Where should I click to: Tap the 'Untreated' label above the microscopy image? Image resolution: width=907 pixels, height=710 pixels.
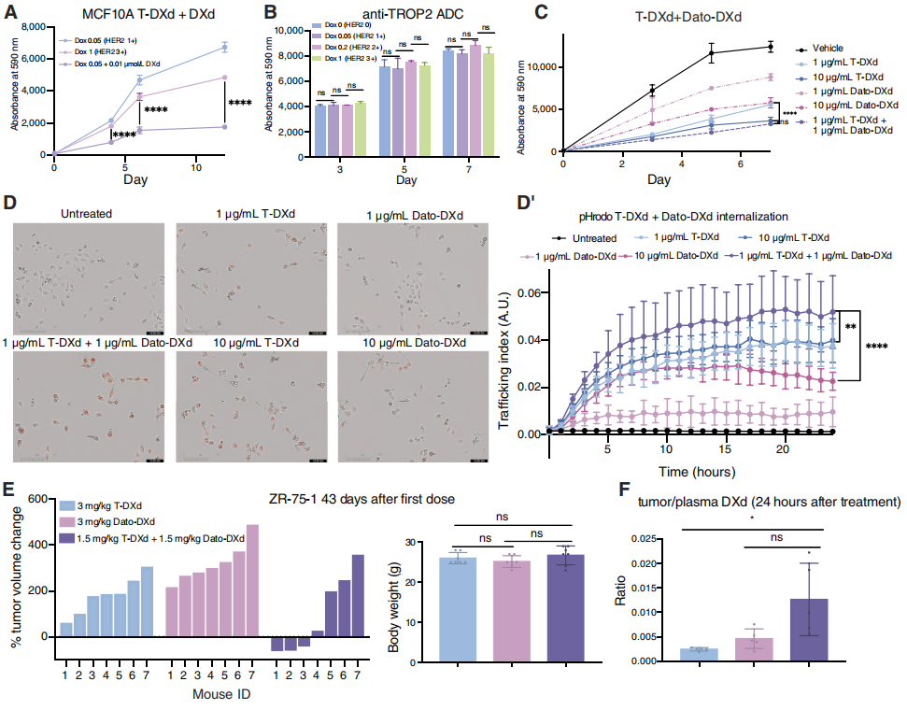(85, 213)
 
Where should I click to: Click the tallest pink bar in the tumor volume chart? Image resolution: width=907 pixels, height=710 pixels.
(252, 581)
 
